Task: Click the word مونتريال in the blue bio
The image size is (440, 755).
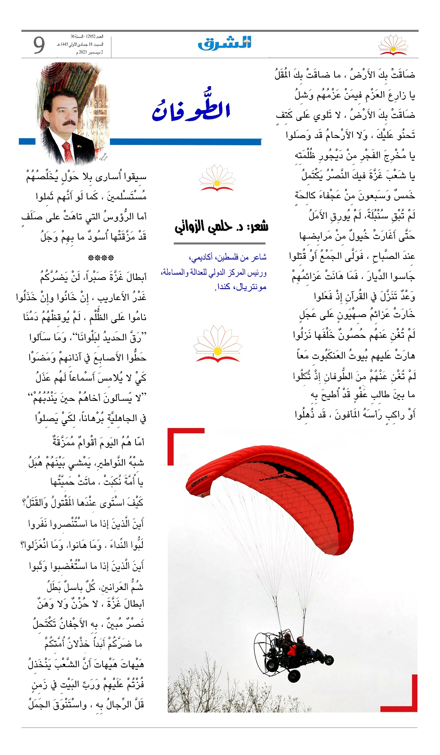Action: point(251,287)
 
